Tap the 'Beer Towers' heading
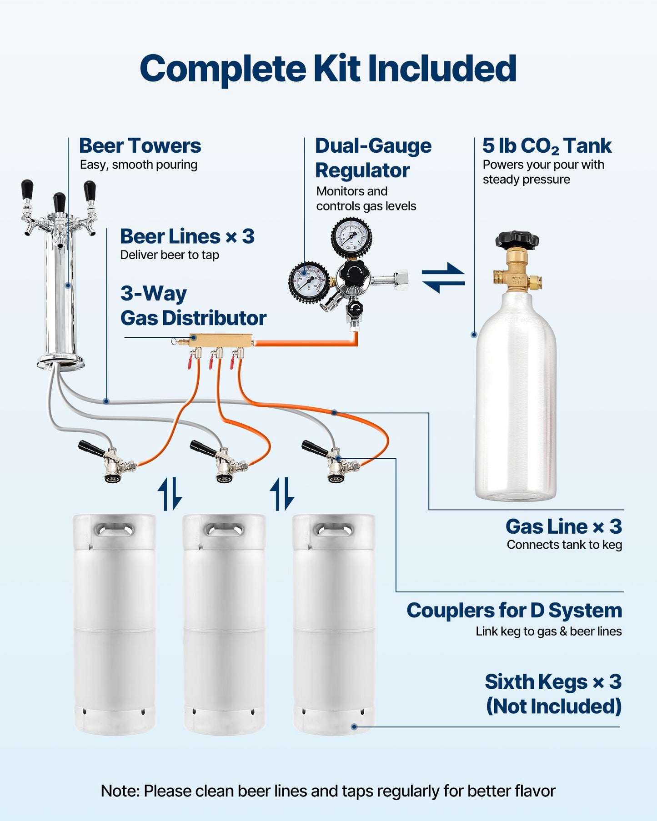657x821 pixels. click(x=140, y=146)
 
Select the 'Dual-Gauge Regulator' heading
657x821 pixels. click(x=373, y=158)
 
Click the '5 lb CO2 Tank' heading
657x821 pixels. click(x=547, y=146)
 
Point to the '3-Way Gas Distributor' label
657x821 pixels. click(x=193, y=305)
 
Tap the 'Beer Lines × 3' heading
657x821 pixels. click(x=187, y=236)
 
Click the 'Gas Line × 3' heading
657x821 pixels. click(x=563, y=526)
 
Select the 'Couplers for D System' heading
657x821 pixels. click(x=514, y=610)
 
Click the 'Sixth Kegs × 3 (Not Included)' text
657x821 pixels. click(x=553, y=694)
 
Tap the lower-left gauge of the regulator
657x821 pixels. click(x=309, y=281)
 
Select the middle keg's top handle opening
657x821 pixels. click(x=224, y=529)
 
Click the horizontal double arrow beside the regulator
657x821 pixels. click(x=443, y=277)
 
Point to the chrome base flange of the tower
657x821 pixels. click(x=61, y=362)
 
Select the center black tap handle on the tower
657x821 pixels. click(x=59, y=202)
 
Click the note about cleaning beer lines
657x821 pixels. click(x=328, y=791)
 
